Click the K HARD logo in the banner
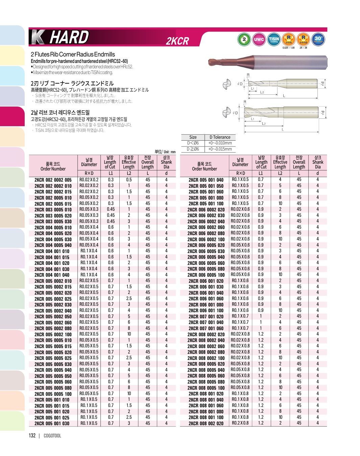[x=60, y=37]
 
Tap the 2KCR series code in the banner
[x=177, y=41]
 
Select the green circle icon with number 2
[x=244, y=39]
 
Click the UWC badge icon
[x=259, y=39]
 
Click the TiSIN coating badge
[x=273, y=39]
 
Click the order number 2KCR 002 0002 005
[x=53, y=180]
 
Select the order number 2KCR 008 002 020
[x=206, y=424]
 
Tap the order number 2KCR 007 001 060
[x=206, y=328]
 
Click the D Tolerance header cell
[x=220, y=137]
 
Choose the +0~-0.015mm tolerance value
[x=220, y=149]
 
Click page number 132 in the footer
[x=32, y=436]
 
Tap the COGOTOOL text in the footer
[x=52, y=436]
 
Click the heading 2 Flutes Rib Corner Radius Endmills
[x=73, y=54]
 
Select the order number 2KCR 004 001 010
[x=52, y=251]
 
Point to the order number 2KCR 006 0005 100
[x=206, y=275]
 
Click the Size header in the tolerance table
[x=193, y=137]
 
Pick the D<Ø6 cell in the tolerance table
[x=193, y=143]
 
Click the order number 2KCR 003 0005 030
[x=53, y=222]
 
